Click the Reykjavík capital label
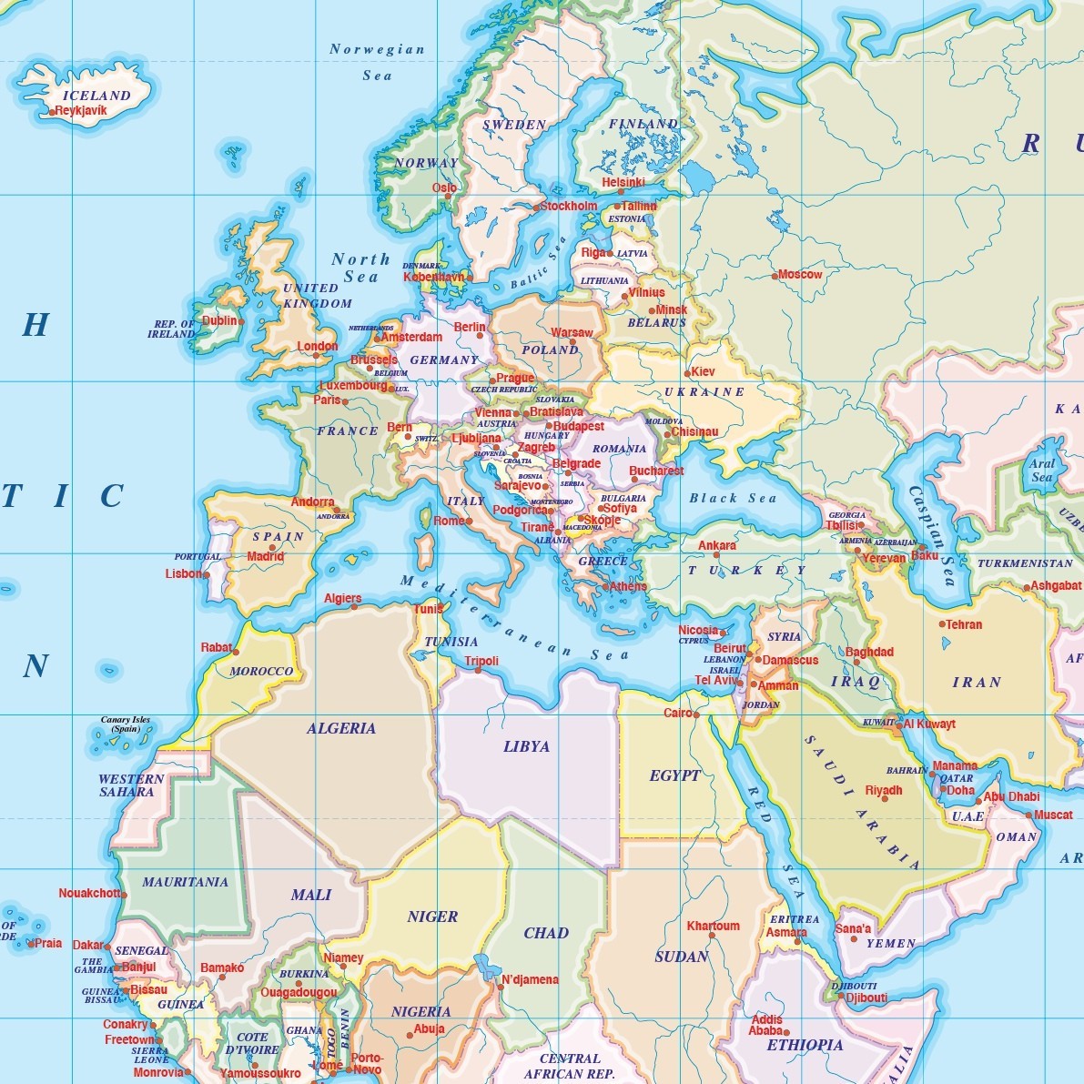(x=82, y=111)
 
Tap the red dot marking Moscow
(x=775, y=275)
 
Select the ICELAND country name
(x=96, y=96)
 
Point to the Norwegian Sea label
(x=377, y=62)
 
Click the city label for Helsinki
(x=623, y=183)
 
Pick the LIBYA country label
(x=526, y=746)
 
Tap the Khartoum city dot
(x=713, y=937)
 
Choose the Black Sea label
(x=733, y=498)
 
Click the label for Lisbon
(x=184, y=574)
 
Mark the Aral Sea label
(x=1042, y=471)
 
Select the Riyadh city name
(x=884, y=790)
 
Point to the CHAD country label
(x=546, y=933)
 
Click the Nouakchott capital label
(x=88, y=893)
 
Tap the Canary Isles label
(x=126, y=724)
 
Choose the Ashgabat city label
(x=1057, y=586)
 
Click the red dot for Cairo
(x=696, y=715)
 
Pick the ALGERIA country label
(x=341, y=728)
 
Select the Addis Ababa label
(x=766, y=1026)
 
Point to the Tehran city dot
(x=942, y=624)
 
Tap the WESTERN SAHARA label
(x=131, y=785)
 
